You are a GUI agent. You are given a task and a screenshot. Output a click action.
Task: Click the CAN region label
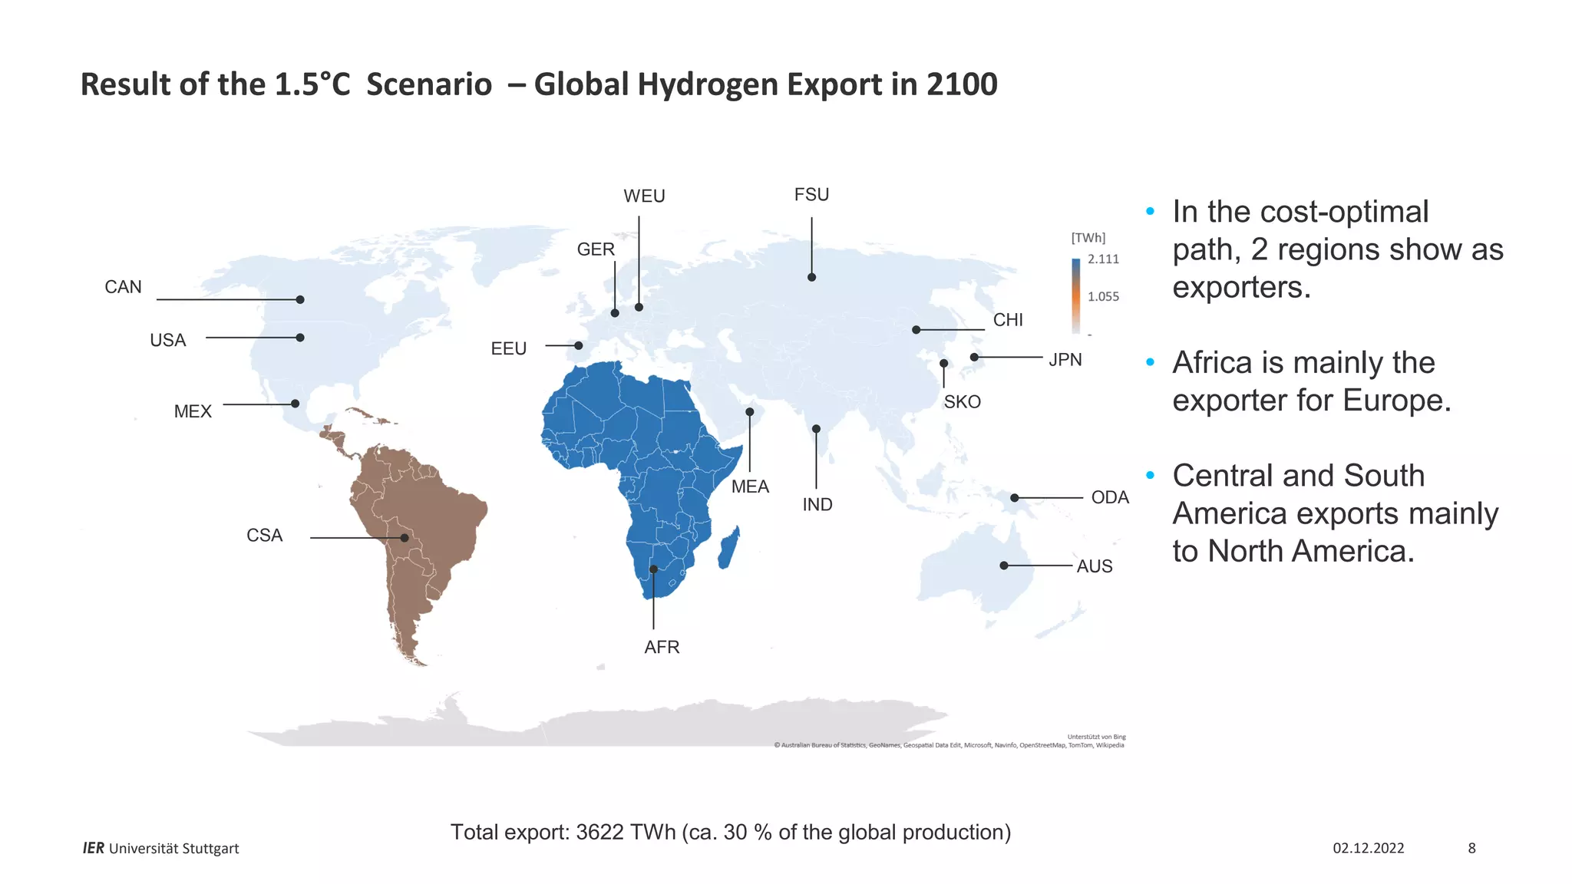coord(123,287)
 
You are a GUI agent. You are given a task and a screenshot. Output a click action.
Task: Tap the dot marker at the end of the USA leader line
coord(300,338)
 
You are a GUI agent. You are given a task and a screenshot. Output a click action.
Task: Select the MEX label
coord(193,411)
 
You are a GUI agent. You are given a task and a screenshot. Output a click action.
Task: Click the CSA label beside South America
coord(264,536)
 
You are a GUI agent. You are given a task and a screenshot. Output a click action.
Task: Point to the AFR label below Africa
coord(662,647)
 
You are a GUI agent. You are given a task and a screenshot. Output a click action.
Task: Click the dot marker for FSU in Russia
coord(811,277)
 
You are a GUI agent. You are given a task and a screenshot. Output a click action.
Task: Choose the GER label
coord(596,249)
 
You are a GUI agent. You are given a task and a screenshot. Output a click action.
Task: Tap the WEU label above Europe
coord(644,196)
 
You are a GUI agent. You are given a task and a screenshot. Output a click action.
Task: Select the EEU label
coord(508,348)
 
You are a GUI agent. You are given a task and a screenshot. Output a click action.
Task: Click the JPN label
coord(1065,360)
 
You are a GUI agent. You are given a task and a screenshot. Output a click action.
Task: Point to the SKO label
coord(962,402)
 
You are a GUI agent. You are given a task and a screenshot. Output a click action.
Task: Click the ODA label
coord(1109,497)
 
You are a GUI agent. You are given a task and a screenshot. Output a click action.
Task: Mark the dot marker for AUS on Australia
coord(1004,566)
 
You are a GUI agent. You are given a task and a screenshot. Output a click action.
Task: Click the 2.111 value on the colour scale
coord(1103,259)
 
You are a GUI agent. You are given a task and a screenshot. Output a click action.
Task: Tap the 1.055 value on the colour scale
coord(1103,296)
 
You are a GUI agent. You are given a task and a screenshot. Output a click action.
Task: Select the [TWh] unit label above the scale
coord(1088,238)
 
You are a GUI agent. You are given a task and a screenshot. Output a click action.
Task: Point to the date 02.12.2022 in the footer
coord(1368,848)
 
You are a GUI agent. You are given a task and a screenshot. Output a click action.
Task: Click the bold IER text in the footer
coord(93,848)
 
